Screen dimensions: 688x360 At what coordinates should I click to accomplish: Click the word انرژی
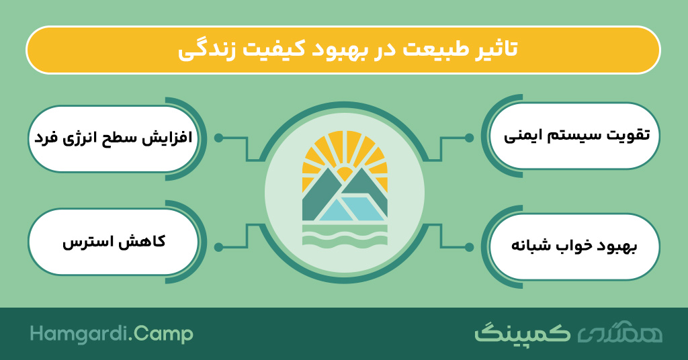79,138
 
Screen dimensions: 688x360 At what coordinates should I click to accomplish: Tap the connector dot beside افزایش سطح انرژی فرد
218,138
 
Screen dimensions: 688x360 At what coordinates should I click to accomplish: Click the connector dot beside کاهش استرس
218,247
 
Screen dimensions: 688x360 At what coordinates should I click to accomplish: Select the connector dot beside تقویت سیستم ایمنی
469,138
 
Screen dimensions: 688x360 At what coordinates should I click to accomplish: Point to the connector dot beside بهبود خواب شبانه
469,247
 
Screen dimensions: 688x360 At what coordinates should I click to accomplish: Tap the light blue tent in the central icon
351,209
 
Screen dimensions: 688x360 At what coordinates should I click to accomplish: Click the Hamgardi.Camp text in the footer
112,334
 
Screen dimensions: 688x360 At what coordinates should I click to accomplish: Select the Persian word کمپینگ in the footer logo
523,333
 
